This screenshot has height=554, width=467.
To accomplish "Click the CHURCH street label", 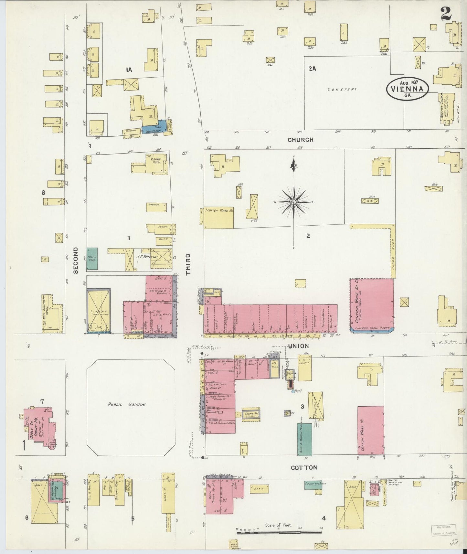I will [301, 140].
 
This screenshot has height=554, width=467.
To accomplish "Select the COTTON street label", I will [304, 467].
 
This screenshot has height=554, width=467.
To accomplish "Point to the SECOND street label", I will [76, 261].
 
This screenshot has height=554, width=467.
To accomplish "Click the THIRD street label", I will [188, 264].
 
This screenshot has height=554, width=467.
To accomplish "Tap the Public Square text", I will [127, 404].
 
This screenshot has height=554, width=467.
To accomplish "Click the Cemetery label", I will [342, 90].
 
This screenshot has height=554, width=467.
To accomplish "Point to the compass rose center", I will [294, 202].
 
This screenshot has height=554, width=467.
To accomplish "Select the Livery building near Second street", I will [99, 311].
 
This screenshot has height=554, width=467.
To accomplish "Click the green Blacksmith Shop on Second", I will [92, 259].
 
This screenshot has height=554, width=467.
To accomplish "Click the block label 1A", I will [129, 69].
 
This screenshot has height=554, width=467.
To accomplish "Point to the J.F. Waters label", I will [147, 257].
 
